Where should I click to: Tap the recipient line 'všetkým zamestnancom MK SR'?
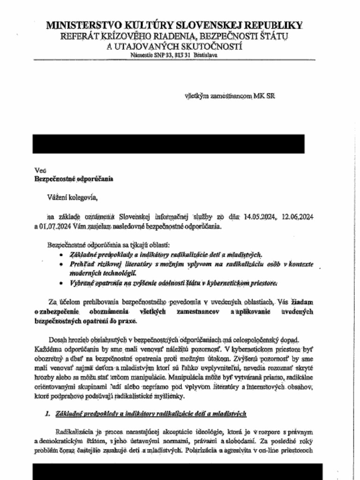(230, 96)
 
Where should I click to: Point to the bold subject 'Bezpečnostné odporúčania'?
(74, 179)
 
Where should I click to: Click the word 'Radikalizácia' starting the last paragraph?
(74, 432)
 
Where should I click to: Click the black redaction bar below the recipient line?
(168, 144)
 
